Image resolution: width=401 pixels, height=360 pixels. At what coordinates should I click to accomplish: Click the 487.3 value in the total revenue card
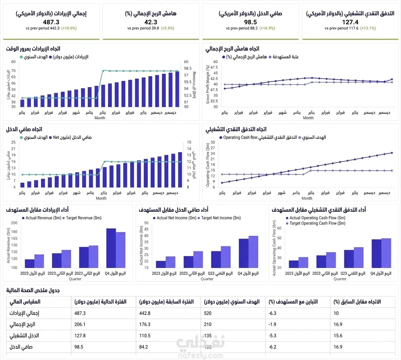[51, 22]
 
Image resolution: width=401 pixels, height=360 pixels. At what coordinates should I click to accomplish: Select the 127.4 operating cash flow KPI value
[351, 22]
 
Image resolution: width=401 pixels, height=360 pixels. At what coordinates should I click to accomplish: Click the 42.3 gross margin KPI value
[151, 22]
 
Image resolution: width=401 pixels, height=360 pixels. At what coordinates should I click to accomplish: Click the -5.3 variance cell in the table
[273, 336]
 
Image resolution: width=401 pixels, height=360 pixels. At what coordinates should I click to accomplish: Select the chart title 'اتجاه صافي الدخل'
[24, 129]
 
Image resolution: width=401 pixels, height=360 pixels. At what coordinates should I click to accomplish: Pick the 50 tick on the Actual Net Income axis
[146, 223]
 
